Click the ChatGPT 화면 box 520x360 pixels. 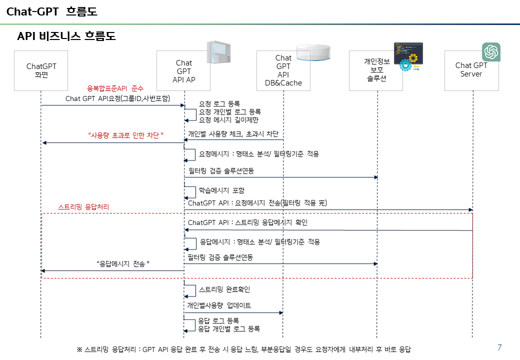coord(41,70)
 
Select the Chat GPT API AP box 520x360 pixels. coord(183,70)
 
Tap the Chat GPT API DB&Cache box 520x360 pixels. coord(283,70)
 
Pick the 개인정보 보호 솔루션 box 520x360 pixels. coord(376,70)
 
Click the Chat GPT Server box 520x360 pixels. coord(471,70)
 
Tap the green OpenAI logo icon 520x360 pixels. coord(491,52)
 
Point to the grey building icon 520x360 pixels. coord(218,51)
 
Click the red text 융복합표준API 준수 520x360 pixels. coord(115,88)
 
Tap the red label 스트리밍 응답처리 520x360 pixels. coord(83,206)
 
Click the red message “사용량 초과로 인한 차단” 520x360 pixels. coord(126,135)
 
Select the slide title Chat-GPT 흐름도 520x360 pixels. coord(52,11)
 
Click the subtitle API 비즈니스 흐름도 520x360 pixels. coord(66,36)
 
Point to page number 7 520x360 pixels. coord(499,347)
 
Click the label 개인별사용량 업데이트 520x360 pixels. coord(219,305)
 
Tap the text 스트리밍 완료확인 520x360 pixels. coord(224,289)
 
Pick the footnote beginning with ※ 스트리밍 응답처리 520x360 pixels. coord(243,349)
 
